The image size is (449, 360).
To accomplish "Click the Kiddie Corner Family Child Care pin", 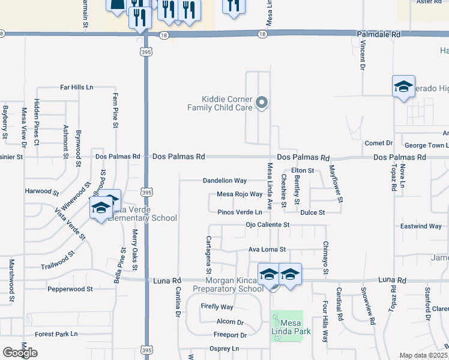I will click(262, 103).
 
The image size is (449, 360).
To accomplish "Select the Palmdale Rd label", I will click(379, 35).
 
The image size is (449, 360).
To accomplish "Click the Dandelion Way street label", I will click(224, 181).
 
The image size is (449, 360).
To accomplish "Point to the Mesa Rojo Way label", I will click(240, 194).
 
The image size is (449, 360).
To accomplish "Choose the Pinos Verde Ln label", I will click(240, 212).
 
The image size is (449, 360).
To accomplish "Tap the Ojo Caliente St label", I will click(268, 225).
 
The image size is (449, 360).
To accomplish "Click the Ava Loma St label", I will click(267, 249).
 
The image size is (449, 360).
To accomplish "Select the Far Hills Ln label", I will click(77, 88).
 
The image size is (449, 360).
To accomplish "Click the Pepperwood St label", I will click(70, 289).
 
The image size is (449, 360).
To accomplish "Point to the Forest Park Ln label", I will click(56, 334).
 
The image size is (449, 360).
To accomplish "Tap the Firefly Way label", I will click(217, 307).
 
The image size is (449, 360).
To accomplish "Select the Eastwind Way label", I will click(421, 226).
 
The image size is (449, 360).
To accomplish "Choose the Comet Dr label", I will click(378, 143).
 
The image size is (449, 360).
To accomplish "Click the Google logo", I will click(20, 353).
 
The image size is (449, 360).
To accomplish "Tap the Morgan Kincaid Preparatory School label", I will click(228, 284).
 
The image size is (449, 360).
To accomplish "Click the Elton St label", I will click(303, 171).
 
